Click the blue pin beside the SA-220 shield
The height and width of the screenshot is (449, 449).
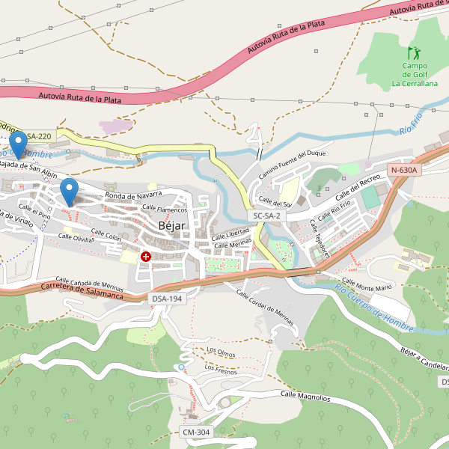point(19,144)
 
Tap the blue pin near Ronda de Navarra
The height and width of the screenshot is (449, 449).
point(70,191)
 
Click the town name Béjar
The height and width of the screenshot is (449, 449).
point(171,225)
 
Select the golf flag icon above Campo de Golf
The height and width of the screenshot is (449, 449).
point(414,53)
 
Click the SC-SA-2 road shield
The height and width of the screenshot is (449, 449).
point(266,216)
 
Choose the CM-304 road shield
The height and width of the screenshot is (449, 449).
point(197,433)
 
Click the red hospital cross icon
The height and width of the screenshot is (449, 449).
point(146,257)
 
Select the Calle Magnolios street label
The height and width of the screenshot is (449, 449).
point(305,395)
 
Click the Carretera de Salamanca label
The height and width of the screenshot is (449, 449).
point(82,291)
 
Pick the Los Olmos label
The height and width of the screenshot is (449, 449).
point(222,350)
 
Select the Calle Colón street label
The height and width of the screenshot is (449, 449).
point(106,235)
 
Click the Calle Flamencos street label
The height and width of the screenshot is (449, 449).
point(164,208)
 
